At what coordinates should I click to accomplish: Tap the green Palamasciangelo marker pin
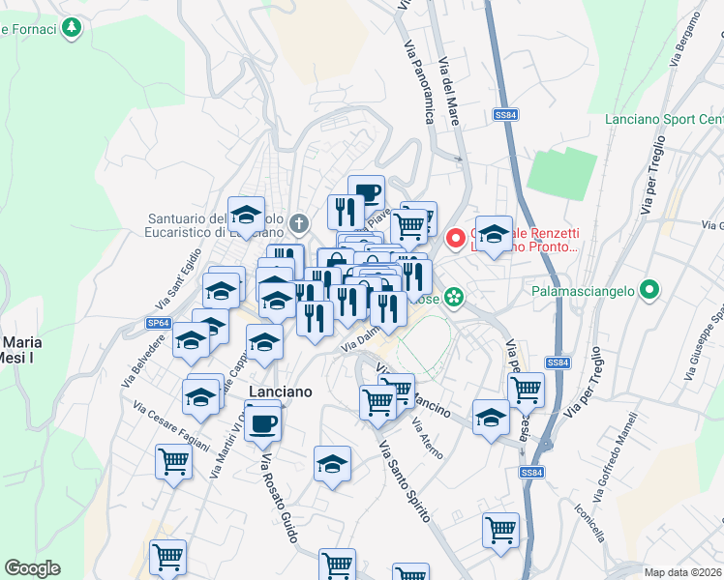[651, 289]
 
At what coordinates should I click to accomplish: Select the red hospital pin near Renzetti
[455, 237]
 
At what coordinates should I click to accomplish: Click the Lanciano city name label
[281, 391]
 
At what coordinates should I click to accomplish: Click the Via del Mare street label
[449, 92]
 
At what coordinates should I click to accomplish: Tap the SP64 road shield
[159, 323]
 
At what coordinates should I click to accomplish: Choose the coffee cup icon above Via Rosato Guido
[262, 420]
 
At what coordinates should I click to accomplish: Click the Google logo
[32, 568]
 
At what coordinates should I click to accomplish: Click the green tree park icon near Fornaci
[71, 28]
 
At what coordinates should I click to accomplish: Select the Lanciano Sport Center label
[662, 120]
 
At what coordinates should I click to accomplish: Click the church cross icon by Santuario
[300, 224]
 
